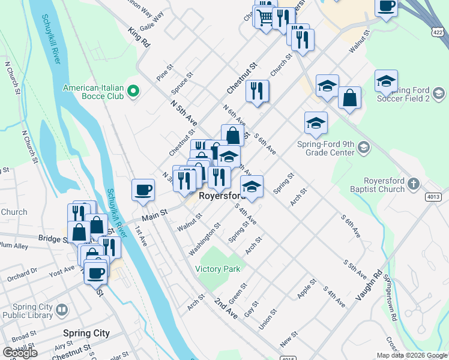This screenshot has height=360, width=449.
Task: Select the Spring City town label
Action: point(86,333)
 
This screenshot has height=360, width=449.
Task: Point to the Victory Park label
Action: point(217,269)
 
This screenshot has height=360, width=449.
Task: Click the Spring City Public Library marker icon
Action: point(61,310)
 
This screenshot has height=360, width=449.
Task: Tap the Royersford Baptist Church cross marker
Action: point(412,183)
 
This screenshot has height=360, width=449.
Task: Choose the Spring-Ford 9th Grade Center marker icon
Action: point(363,147)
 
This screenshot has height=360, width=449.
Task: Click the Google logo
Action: point(20,352)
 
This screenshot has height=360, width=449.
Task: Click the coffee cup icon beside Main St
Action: point(143,190)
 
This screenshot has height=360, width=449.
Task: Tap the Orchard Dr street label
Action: point(22,275)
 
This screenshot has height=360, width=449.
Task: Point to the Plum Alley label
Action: point(14,246)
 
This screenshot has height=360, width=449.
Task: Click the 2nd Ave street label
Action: point(225,306)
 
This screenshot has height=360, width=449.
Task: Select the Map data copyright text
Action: point(411,355)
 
